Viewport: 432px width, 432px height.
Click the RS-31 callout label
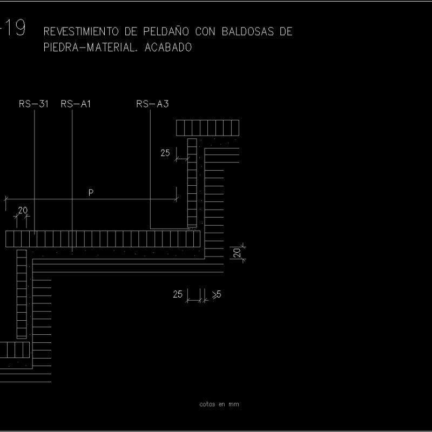click(x=33, y=104)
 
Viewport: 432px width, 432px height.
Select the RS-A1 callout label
click(x=76, y=104)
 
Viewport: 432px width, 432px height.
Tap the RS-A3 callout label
click(x=152, y=104)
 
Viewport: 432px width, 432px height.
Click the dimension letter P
click(x=91, y=193)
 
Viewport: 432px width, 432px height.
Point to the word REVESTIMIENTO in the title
click(x=81, y=31)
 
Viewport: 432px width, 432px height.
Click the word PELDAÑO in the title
click(x=166, y=31)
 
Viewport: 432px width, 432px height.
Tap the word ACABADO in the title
click(x=168, y=48)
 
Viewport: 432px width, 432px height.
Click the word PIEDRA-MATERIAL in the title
click(x=90, y=48)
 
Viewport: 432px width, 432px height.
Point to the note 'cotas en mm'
click(x=219, y=404)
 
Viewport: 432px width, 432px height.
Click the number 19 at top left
click(x=16, y=28)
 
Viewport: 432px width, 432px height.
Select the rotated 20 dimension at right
click(x=237, y=253)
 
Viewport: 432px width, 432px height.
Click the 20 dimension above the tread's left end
click(x=23, y=210)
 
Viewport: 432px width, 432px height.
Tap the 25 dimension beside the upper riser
click(x=165, y=153)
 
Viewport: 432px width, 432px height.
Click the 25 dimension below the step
click(x=178, y=294)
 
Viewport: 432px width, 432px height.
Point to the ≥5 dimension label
click(x=217, y=294)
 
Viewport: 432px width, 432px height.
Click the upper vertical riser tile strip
click(x=192, y=183)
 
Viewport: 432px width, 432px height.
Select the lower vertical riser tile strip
click(x=22, y=294)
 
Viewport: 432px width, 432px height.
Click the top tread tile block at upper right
click(x=208, y=128)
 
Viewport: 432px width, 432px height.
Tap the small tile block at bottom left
click(x=15, y=350)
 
